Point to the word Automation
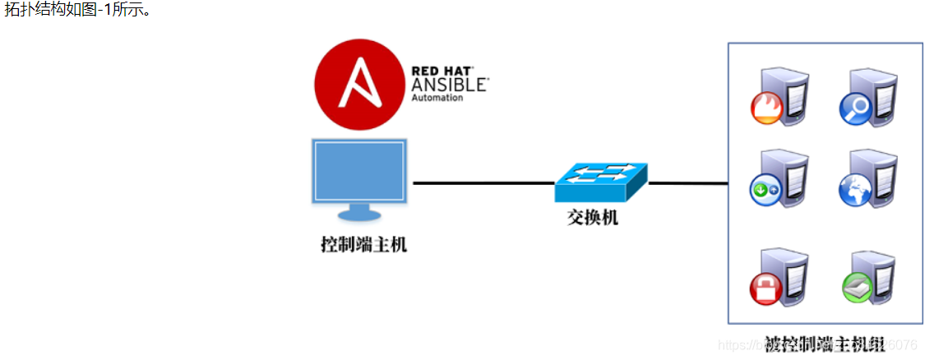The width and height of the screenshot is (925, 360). pos(437,98)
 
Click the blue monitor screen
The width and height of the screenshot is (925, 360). pos(358,172)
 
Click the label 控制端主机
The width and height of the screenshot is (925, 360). pos(363,244)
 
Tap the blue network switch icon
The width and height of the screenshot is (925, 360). pos(600,182)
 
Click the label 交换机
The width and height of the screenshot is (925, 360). pos(593,217)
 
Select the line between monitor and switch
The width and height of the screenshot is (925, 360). pos(483,182)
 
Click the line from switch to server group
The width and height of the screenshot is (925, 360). pos(688,182)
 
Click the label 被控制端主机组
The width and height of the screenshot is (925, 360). pos(824,344)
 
